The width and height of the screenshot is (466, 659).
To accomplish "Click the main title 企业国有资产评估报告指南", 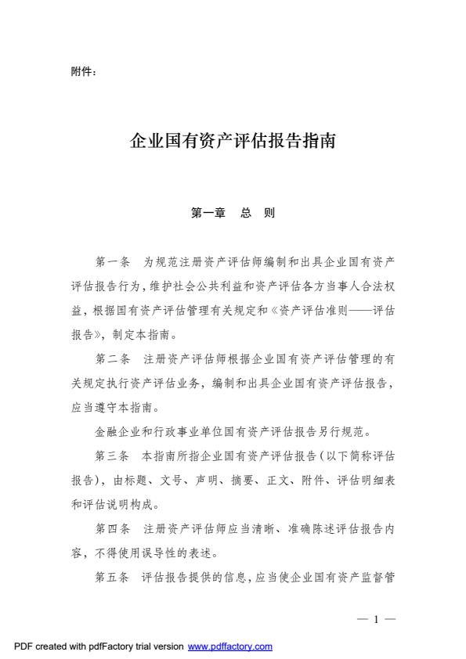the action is coord(233,142).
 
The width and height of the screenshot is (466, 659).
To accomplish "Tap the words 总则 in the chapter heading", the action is coord(258,213).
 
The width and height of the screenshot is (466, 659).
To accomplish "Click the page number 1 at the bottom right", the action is coord(377,619).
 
